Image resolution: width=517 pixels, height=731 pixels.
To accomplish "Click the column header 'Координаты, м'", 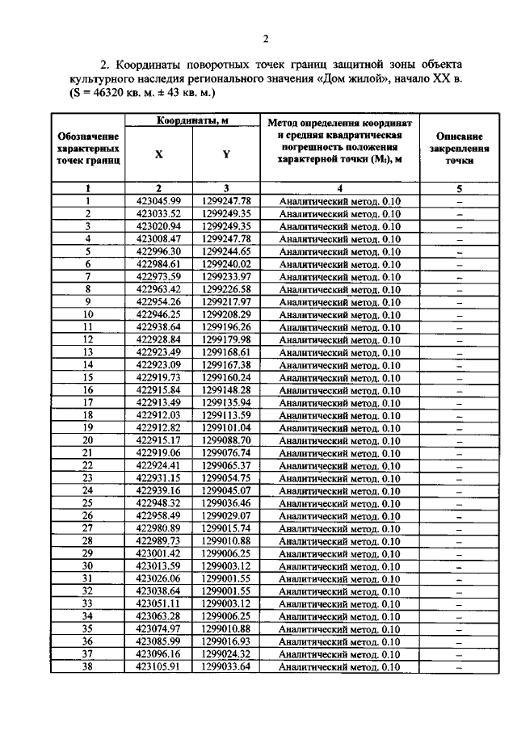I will [x=191, y=120].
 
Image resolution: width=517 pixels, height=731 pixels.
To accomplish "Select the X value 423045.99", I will [x=158, y=201].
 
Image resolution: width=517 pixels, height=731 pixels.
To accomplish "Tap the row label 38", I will [x=88, y=667].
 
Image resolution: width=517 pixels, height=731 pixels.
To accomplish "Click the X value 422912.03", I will [x=158, y=415].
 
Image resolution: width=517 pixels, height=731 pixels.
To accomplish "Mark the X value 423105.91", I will [x=158, y=667].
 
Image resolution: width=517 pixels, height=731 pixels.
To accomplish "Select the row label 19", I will [x=88, y=428].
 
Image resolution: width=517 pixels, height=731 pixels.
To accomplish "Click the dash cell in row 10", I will [x=459, y=314].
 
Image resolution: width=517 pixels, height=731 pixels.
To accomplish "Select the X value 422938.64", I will [x=158, y=327].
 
